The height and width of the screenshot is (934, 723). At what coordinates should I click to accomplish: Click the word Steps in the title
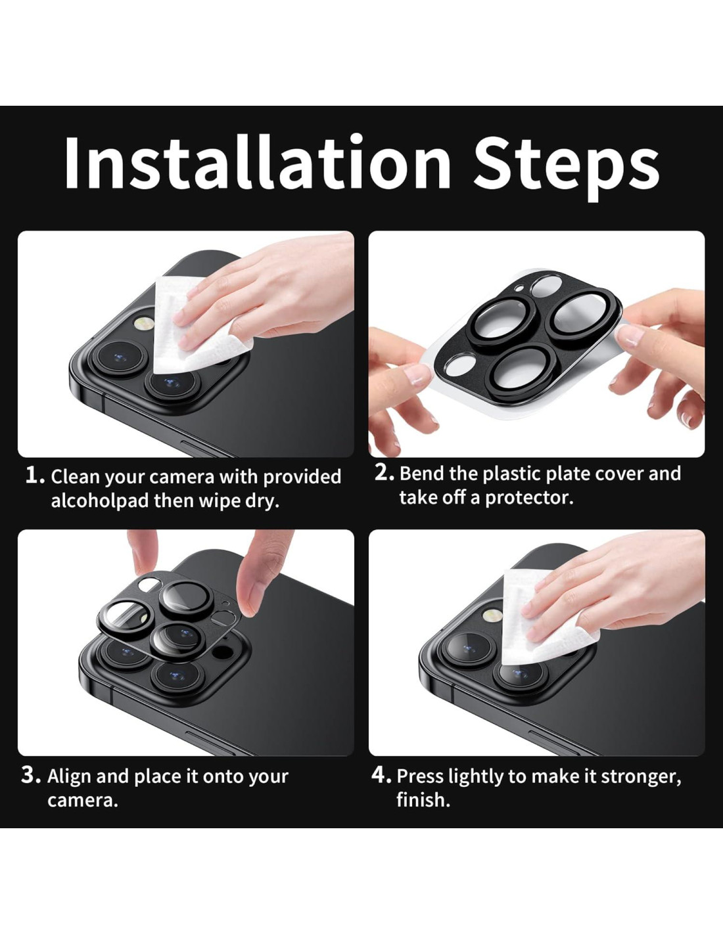coord(566,167)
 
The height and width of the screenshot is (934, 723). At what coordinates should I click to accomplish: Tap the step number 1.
coord(34,476)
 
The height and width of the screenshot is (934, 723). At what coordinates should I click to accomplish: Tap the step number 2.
coord(384,473)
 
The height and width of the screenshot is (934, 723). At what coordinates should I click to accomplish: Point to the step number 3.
coord(31,776)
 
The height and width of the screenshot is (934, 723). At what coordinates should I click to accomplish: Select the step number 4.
coord(381,776)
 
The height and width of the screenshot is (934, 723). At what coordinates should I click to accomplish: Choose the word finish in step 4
coord(423,800)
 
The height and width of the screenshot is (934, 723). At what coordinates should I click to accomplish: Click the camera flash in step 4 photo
coord(493,615)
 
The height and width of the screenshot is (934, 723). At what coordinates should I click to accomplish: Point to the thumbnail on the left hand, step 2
coord(415,376)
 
